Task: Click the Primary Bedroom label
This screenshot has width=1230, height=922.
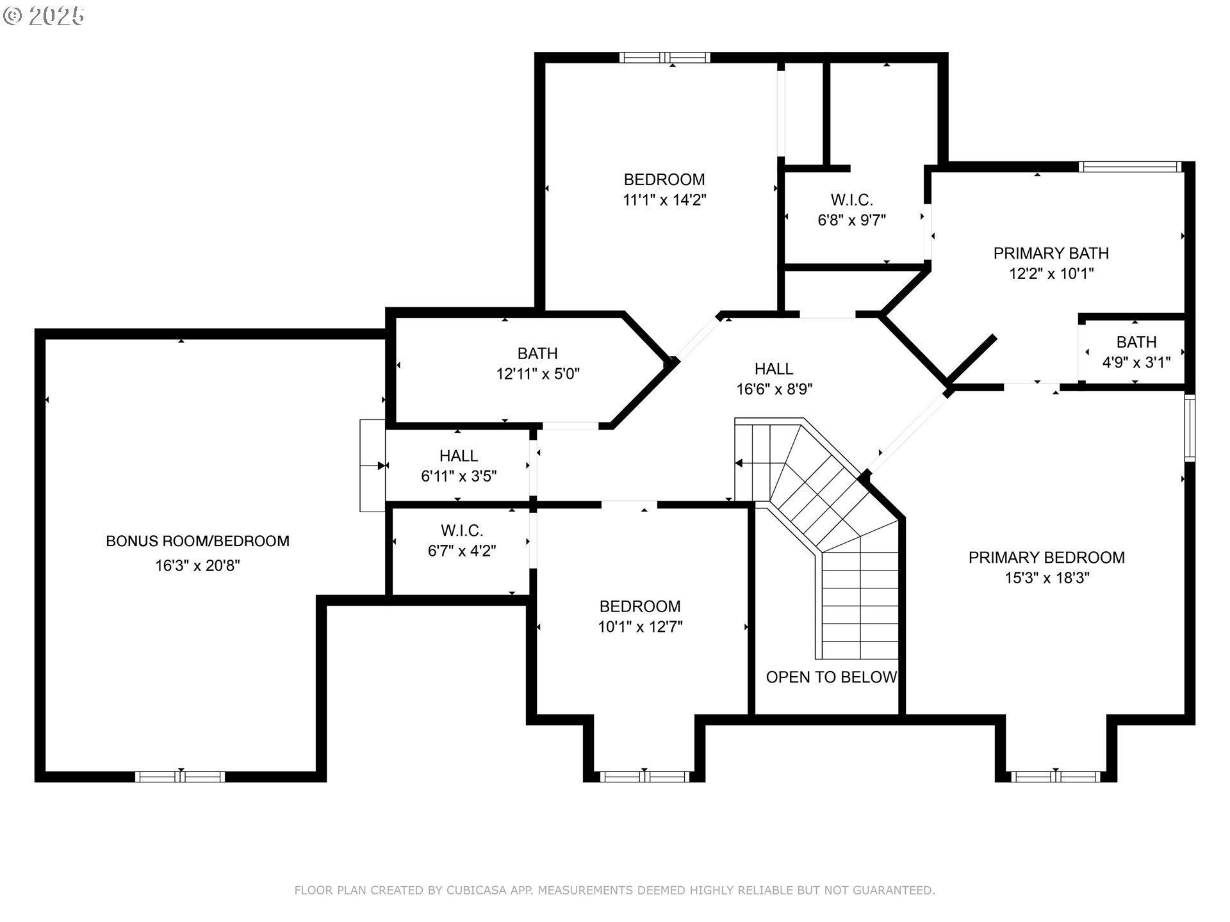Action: point(1046,557)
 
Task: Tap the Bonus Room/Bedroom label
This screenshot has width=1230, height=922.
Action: point(197,541)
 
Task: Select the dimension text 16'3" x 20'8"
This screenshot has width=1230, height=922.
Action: point(197,565)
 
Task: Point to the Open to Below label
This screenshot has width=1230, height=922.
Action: point(831,677)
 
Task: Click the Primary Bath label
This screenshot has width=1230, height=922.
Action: point(1051,253)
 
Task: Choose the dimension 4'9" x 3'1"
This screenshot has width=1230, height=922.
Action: point(1136,362)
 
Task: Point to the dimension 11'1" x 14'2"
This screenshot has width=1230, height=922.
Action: point(664,200)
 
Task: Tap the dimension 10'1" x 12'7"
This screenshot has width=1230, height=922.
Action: point(640,626)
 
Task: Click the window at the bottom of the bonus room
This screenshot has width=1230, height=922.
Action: point(180,777)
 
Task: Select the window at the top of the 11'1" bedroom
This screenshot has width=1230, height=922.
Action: point(664,58)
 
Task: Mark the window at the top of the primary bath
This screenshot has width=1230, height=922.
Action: point(1129,167)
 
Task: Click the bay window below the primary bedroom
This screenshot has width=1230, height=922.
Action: point(1055,777)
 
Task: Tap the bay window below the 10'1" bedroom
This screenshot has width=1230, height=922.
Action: point(644,777)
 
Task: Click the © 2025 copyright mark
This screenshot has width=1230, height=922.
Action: point(44,16)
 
